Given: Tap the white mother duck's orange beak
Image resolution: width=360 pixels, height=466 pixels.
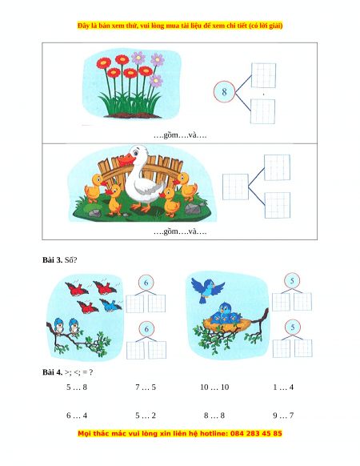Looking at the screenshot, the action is tap(126, 161).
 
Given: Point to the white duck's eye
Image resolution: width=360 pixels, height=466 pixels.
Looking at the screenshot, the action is tap(136, 154).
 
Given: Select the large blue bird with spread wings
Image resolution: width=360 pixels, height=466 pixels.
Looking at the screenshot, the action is tap(208, 289).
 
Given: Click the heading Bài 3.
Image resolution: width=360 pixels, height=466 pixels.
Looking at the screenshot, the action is tap(52, 260).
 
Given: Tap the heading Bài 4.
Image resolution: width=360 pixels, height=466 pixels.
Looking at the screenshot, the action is tap(52, 372).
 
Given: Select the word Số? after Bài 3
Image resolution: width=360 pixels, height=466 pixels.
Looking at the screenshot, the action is tap(70, 260).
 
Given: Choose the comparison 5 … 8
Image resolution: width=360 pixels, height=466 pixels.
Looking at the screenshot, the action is tap(77, 388).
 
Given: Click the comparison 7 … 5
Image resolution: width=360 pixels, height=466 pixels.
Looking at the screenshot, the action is tap(146, 388).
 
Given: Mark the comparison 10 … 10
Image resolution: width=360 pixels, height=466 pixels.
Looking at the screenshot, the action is tap(214, 388).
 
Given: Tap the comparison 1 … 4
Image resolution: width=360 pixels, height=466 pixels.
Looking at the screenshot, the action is tap(283, 388).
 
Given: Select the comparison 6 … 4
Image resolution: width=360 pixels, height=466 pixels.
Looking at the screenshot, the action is tap(77, 416).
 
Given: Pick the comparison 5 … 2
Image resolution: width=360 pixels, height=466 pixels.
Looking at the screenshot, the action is tap(146, 416).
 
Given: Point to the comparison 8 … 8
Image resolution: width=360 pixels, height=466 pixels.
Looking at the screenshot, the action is tap(214, 416).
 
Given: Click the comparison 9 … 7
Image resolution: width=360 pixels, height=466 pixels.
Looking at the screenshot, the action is tap(283, 416).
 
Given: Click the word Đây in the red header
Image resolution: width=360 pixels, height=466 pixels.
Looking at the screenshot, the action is tap(83, 26).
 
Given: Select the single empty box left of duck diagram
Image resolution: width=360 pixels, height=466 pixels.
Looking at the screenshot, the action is tap(235, 187).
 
